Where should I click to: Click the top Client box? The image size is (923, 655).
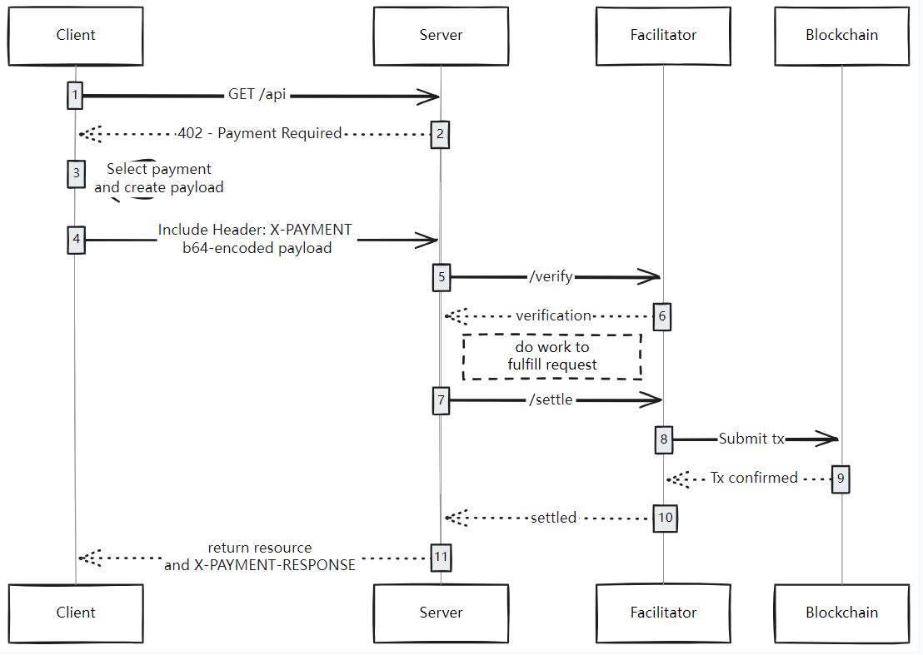pyautogui.click(x=75, y=36)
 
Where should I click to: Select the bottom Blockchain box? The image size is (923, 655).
pyautogui.click(x=841, y=613)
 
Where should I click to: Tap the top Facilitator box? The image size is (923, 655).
pyautogui.click(x=663, y=36)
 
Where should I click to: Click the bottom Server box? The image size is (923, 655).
pyautogui.click(x=441, y=613)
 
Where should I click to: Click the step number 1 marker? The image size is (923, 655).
pyautogui.click(x=75, y=96)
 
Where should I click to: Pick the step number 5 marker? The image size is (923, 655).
pyautogui.click(x=441, y=277)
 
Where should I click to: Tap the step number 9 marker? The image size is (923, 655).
pyautogui.click(x=841, y=479)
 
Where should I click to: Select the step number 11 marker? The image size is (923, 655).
pyautogui.click(x=441, y=558)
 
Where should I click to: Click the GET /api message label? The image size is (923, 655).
pyautogui.click(x=257, y=95)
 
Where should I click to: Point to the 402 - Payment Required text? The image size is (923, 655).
pyautogui.click(x=260, y=133)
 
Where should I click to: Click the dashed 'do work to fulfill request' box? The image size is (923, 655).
pyautogui.click(x=552, y=356)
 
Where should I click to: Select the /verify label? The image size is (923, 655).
pyautogui.click(x=551, y=277)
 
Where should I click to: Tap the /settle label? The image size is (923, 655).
pyautogui.click(x=551, y=399)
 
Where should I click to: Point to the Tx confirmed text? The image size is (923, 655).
pyautogui.click(x=754, y=478)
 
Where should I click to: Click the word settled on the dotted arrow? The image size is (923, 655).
pyautogui.click(x=553, y=518)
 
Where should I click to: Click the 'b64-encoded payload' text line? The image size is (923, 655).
pyautogui.click(x=257, y=248)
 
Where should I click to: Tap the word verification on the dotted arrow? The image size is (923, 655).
pyautogui.click(x=553, y=315)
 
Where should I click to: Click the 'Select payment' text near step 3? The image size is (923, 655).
pyautogui.click(x=159, y=169)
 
